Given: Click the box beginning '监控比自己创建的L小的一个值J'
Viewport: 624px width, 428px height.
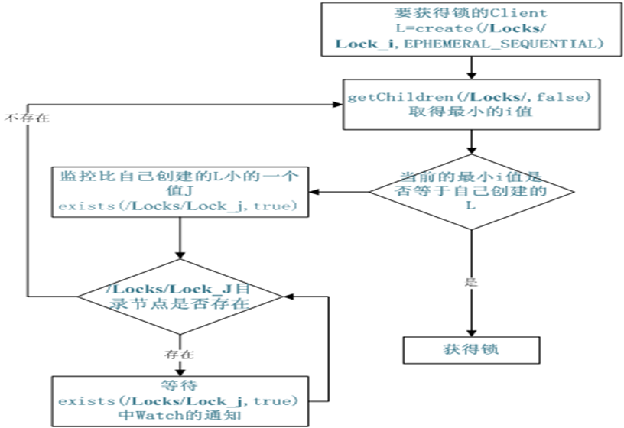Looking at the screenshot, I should click(180, 191).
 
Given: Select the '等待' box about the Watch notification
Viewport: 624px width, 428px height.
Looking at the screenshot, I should click(180, 400).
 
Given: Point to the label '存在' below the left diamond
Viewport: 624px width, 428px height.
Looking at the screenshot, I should click(179, 355).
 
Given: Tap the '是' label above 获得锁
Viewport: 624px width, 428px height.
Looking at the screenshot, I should click(470, 281).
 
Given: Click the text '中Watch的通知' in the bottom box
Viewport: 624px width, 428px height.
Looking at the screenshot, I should click(180, 415).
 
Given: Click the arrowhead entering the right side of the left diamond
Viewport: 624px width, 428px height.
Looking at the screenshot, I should click(289, 297).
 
